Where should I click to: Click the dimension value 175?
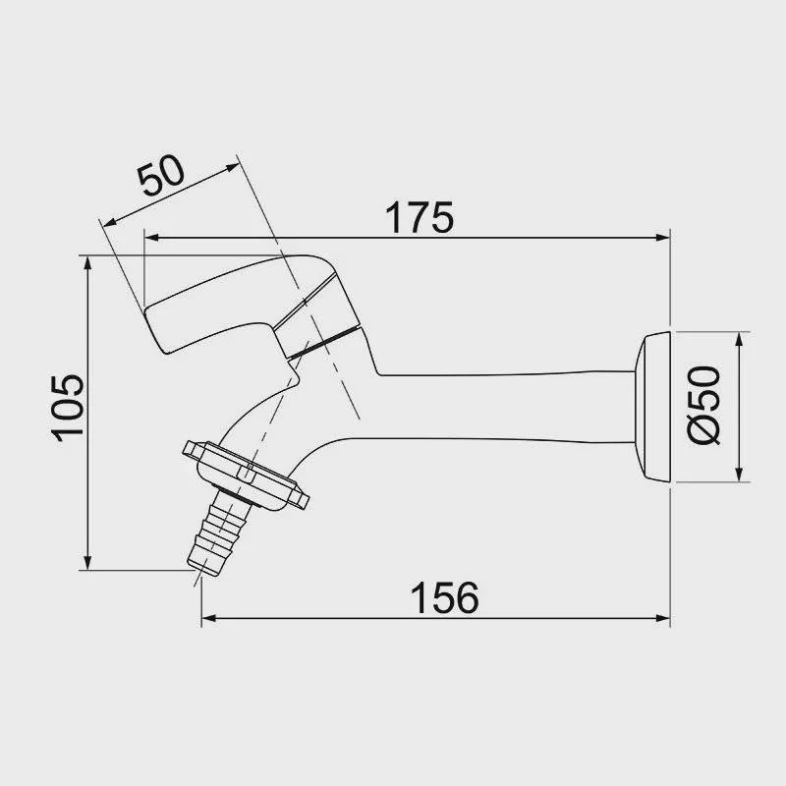[420, 217]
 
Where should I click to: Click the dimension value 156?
[444, 597]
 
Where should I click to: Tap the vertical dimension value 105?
[68, 408]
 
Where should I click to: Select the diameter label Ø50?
[703, 405]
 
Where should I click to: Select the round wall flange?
[652, 407]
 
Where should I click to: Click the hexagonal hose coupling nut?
[246, 475]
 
